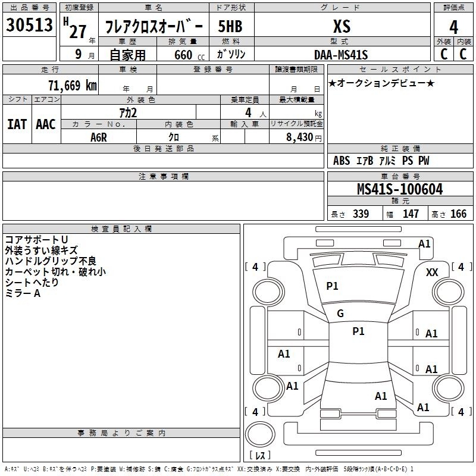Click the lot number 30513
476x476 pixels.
(29, 24)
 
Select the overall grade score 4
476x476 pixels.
(453, 27)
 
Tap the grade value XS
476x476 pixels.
(342, 26)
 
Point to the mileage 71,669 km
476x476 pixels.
(73, 85)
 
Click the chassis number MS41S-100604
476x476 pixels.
(400, 189)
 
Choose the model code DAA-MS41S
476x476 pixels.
(341, 55)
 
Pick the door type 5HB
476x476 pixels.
(230, 26)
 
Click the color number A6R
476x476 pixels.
(99, 137)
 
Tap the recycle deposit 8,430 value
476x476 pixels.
(299, 137)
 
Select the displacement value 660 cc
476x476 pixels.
(189, 55)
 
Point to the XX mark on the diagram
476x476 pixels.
(432, 273)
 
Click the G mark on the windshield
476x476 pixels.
(340, 314)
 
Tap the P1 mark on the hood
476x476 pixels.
(332, 286)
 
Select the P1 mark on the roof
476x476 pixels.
(359, 331)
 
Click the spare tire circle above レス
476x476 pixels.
(260, 434)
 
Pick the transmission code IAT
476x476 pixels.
(17, 124)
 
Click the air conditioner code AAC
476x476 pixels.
(46, 124)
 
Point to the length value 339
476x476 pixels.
(361, 214)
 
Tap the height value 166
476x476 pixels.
(458, 214)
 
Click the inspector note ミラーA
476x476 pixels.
(23, 293)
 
